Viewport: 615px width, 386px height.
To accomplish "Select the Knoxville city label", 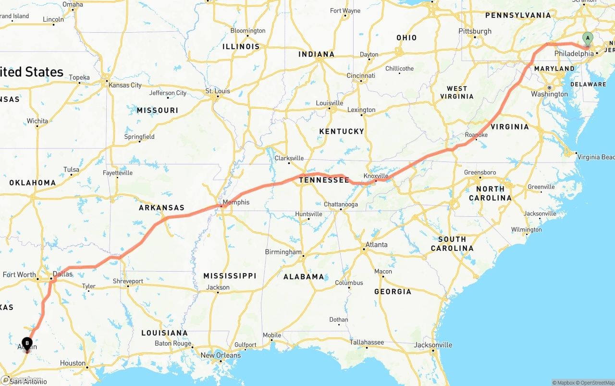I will [376, 176].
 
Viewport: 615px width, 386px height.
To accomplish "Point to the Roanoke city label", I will [476, 135].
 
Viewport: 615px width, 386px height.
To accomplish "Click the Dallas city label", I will [62, 274].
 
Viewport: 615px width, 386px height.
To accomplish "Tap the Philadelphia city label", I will [574, 54].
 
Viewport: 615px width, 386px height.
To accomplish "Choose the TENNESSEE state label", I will [324, 180].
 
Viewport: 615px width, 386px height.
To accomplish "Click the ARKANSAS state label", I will [161, 208].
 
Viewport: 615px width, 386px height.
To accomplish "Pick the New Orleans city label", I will [221, 355].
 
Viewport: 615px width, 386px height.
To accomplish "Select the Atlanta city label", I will [376, 245].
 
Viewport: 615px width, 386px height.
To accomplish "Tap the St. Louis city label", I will [218, 91].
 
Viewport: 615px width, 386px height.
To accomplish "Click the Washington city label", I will [549, 94].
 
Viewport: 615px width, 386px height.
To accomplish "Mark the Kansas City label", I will [125, 85].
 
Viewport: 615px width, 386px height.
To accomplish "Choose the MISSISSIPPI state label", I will [230, 276].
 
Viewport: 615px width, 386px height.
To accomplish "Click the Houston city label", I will [73, 363].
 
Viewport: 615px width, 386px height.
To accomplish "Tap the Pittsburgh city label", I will [475, 31].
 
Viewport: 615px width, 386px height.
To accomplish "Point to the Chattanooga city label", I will [341, 204].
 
